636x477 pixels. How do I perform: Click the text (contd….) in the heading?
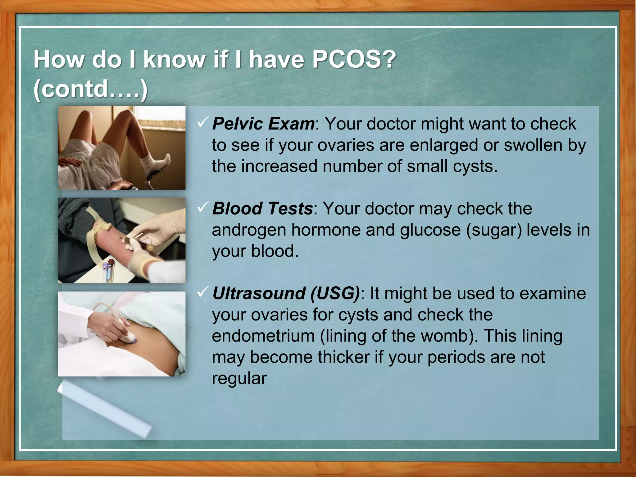(x=90, y=89)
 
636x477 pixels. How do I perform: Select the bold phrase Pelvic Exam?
(x=263, y=124)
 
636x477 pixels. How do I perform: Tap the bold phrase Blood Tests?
(x=262, y=208)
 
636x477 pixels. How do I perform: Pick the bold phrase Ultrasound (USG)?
(x=286, y=293)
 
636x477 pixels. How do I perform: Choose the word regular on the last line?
(x=239, y=379)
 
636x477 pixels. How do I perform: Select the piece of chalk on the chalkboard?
(x=104, y=410)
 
